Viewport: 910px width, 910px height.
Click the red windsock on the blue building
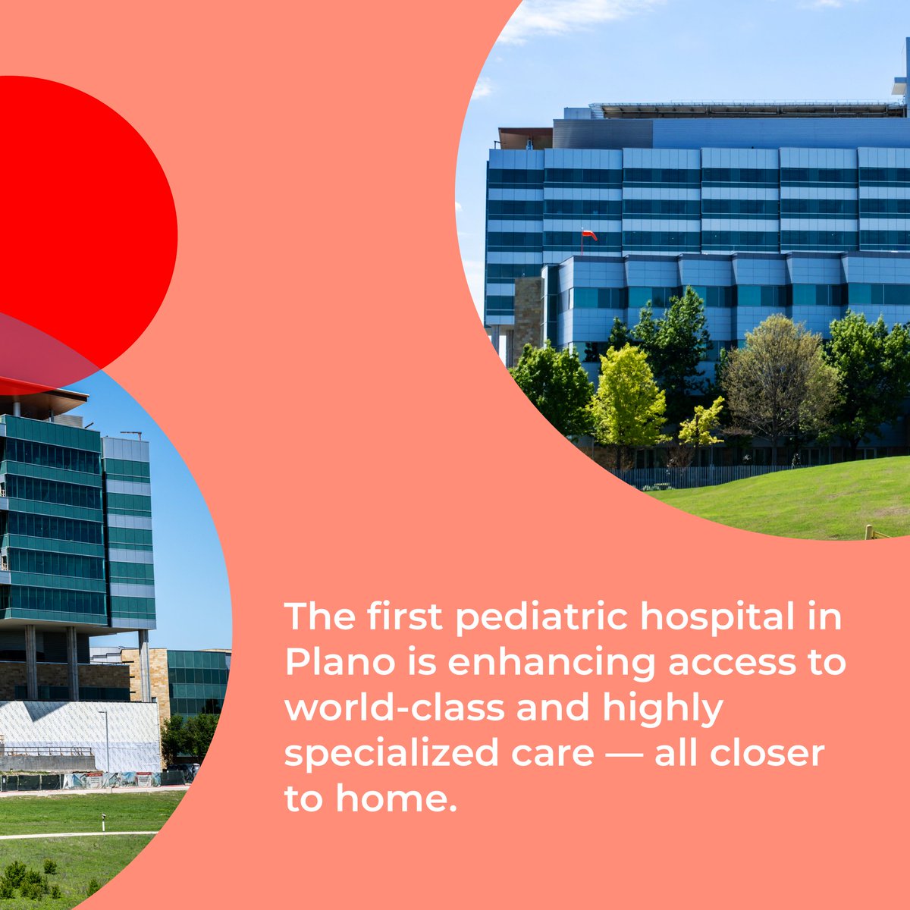coord(588,234)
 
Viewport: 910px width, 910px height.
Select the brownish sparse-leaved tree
coord(781,372)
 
